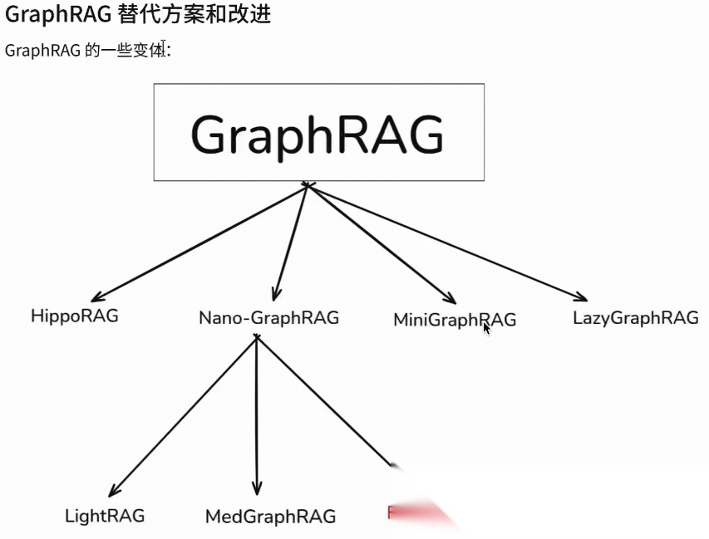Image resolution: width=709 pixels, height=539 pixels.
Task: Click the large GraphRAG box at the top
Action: coord(318,132)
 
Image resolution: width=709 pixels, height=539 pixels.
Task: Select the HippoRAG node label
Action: coord(74,316)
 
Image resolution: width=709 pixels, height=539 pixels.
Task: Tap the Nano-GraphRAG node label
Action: coord(268,317)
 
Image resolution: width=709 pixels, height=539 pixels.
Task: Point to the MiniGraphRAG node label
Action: coord(454,319)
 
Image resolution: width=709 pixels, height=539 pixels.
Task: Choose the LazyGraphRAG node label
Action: coord(635,317)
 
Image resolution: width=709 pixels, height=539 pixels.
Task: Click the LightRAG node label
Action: coord(105,516)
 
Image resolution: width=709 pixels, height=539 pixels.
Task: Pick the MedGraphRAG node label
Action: coord(270,517)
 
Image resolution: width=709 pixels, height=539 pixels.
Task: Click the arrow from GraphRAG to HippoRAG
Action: coord(199,242)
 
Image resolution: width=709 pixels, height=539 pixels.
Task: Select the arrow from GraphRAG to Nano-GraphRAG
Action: coord(290,242)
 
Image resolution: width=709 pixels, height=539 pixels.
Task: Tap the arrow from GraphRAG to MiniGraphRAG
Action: coord(382,243)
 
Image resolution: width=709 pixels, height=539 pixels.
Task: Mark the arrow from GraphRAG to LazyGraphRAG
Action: coord(449,242)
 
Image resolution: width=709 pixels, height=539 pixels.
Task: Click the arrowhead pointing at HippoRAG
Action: coord(98,296)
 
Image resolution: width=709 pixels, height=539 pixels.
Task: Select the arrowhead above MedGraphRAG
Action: coord(257,488)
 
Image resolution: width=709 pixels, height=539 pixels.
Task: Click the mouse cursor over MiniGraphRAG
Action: coord(486,328)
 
